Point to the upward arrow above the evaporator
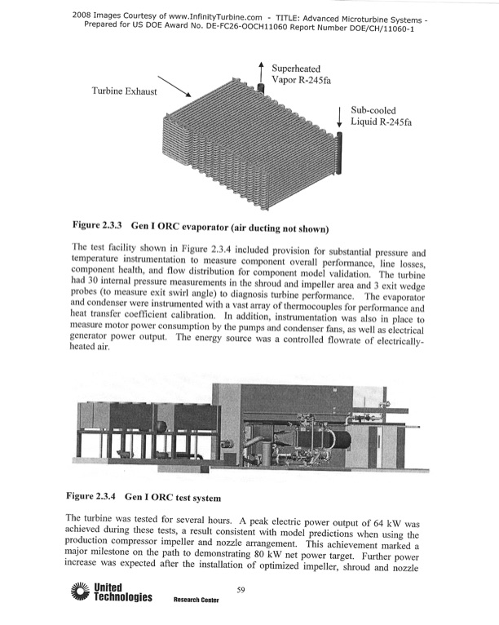point(261,72)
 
